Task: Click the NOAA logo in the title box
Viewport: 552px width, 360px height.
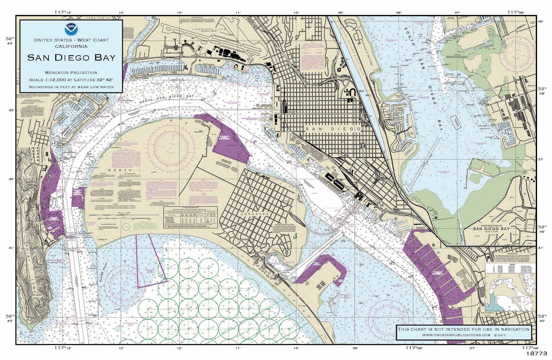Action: (71, 28)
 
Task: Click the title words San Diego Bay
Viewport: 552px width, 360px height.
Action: (71, 57)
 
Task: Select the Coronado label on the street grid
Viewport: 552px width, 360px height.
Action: (250, 214)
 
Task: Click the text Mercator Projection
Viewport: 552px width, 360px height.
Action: (71, 73)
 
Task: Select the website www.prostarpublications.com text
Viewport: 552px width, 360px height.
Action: (456, 335)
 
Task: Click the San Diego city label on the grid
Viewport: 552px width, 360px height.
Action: (333, 129)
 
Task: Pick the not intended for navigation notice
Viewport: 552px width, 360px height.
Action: (463, 329)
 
